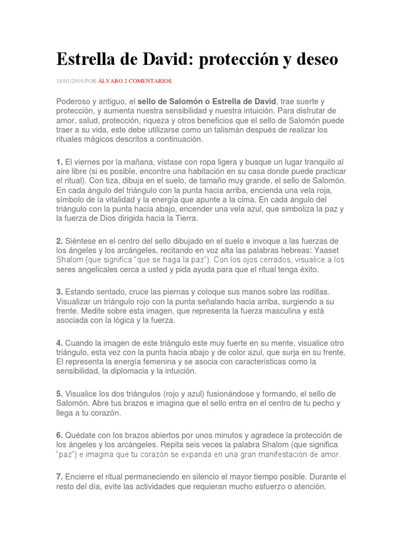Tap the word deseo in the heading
click(x=312, y=61)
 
